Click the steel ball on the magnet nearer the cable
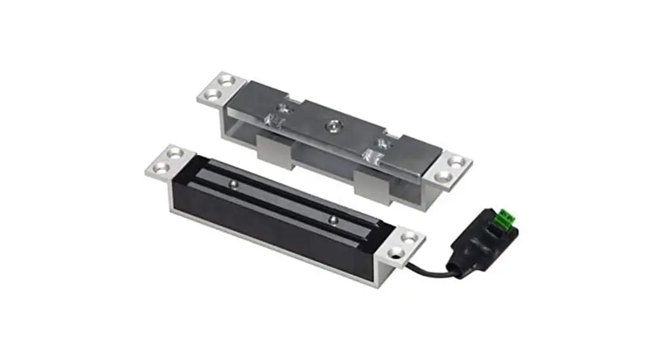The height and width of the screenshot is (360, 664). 331,220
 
